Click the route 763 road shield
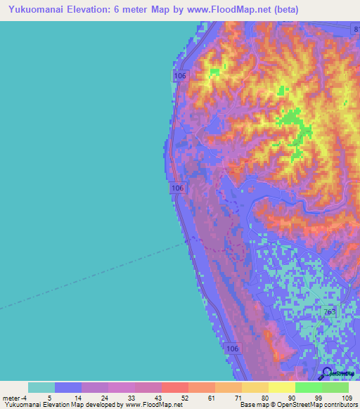330,312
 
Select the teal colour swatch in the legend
41,387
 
